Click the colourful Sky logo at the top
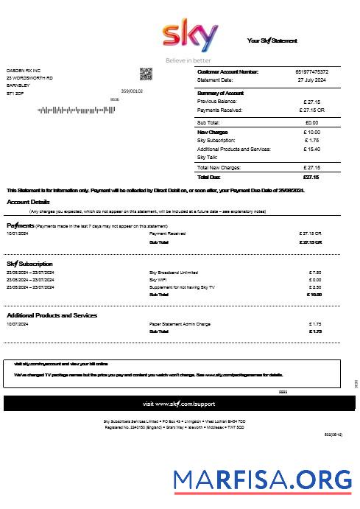pos(189,35)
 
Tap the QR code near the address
pos(146,74)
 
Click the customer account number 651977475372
pos(312,71)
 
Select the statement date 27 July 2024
pos(311,79)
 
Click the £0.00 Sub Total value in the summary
pos(311,122)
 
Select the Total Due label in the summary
pos(210,177)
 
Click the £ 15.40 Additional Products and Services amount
pos(311,149)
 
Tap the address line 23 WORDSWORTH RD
pos(29,78)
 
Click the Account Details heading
pos(29,202)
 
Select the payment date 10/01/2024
pos(17,234)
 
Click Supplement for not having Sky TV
pos(182,287)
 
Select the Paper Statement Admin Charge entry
pos(180,323)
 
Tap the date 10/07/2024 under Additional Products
pos(17,323)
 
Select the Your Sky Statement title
pos(272,41)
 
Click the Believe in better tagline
pos(188,60)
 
